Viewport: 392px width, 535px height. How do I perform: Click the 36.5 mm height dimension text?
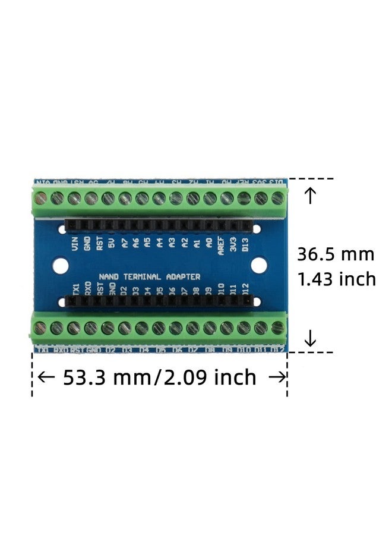336,254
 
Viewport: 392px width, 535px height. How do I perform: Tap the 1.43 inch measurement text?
337,279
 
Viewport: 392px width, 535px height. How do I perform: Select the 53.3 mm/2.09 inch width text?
160,377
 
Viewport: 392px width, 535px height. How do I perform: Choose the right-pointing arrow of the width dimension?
276,377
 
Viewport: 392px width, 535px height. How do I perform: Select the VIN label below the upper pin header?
75,244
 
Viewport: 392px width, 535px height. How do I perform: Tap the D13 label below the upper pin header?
245,244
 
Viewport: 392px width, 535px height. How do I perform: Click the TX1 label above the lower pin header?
76,289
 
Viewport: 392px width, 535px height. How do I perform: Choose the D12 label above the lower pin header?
245,289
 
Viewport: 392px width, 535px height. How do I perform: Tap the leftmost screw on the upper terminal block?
41,198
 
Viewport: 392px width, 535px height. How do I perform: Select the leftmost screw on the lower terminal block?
40,328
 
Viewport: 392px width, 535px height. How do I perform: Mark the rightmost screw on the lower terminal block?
277,328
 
